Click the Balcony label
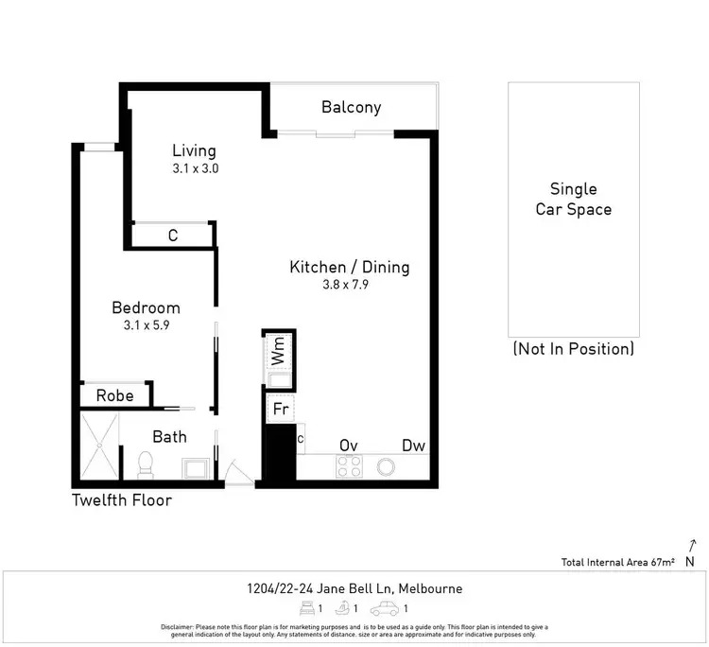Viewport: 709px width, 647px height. pos(351,107)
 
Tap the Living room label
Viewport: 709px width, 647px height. pos(194,151)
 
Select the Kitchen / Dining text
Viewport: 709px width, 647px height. pos(349,268)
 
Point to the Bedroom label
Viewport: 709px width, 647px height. pos(146,308)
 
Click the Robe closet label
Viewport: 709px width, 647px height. pos(112,395)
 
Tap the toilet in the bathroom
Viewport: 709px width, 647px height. pos(146,463)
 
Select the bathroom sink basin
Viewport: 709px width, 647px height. pos(196,467)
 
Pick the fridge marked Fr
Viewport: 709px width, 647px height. pos(281,409)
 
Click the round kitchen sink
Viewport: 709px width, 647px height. pos(386,466)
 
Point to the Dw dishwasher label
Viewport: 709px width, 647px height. pos(413,446)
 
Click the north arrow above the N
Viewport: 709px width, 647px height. pos(692,545)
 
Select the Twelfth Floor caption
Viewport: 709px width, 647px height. pos(122,499)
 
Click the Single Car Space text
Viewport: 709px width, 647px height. pos(574,200)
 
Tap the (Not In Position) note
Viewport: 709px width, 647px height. pos(573,349)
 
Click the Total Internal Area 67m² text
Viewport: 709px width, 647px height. pos(617,563)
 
